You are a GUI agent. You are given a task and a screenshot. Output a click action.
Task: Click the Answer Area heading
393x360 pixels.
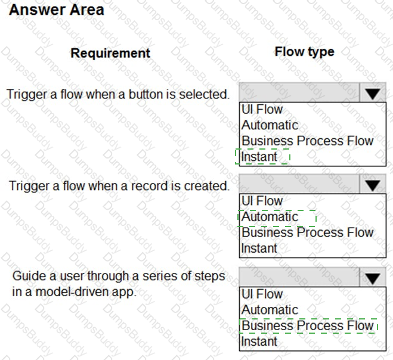coord(57,10)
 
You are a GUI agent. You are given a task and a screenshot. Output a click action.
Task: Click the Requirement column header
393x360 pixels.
coord(110,53)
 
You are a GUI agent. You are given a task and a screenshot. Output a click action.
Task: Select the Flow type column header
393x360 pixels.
coord(304,52)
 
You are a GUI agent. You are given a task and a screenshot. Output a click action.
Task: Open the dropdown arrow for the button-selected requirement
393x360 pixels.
coord(373,94)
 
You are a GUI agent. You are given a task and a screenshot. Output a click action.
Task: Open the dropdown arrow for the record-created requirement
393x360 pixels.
coord(373,185)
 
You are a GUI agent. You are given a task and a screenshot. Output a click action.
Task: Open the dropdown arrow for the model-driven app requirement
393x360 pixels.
coord(373,278)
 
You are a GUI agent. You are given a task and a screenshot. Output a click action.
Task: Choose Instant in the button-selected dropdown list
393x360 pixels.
coord(259,157)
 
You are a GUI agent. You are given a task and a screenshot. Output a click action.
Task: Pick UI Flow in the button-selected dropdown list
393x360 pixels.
coord(262,110)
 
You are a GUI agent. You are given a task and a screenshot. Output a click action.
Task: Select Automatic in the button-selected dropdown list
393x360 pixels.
coord(270,125)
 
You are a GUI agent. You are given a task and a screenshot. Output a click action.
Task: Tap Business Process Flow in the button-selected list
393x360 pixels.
coord(307,141)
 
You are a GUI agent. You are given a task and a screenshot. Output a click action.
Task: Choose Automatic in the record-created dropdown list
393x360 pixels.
coord(270,217)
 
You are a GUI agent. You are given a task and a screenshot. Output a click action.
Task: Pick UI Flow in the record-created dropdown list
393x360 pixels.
coord(262,201)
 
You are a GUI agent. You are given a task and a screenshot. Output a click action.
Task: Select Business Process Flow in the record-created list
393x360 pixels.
coord(307,232)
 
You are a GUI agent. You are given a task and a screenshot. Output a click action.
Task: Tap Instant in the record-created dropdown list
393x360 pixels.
coord(259,248)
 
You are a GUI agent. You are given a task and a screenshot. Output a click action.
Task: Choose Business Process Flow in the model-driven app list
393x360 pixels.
coord(307,325)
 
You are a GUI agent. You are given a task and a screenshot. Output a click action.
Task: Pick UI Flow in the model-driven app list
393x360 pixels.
coord(262,294)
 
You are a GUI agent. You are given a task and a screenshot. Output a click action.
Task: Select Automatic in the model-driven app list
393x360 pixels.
coord(270,310)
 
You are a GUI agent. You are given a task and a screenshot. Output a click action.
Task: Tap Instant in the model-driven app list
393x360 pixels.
coord(259,341)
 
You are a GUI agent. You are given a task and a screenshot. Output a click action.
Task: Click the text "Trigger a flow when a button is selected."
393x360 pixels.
coord(118,94)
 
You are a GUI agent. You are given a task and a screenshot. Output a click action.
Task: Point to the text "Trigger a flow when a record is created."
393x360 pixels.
coord(119,185)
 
